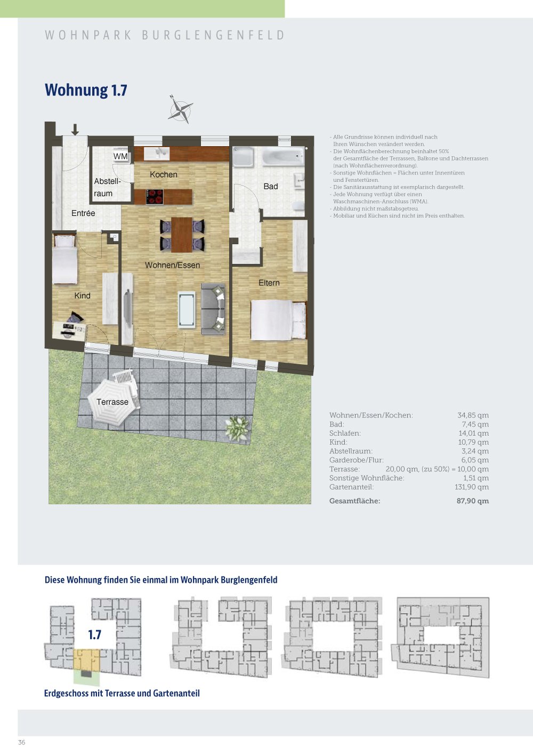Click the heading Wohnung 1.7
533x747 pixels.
pos(86,90)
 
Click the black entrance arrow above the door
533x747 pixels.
pos(75,130)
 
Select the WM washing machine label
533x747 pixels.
pos(120,156)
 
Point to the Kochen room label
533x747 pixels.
pos(163,174)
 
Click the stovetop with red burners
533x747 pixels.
pos(155,196)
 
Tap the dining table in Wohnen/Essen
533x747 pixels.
pos(182,235)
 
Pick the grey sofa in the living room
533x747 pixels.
pos(213,309)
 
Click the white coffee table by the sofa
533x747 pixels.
pos(187,309)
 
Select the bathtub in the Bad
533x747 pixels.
pos(283,156)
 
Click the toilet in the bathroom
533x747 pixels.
pos(298,206)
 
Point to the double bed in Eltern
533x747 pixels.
pos(278,320)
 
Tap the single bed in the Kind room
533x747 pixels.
pos(64,259)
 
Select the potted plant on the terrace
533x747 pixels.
pos(237,428)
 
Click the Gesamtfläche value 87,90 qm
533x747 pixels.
pos(472,501)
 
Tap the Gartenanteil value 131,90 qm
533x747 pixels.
pos(472,487)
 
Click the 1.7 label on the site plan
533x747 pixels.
pos(95,634)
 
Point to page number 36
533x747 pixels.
pos(22,742)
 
